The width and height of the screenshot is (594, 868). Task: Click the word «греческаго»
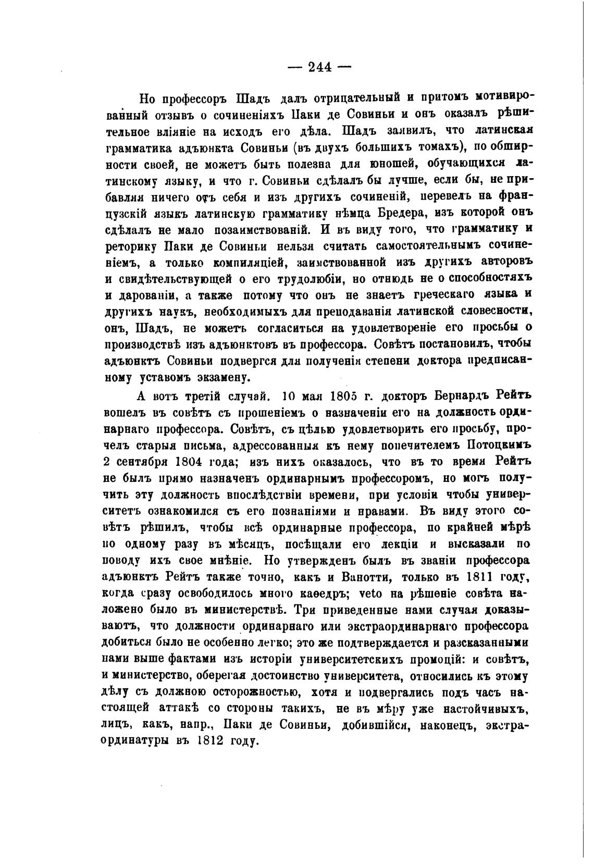coord(441,294)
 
